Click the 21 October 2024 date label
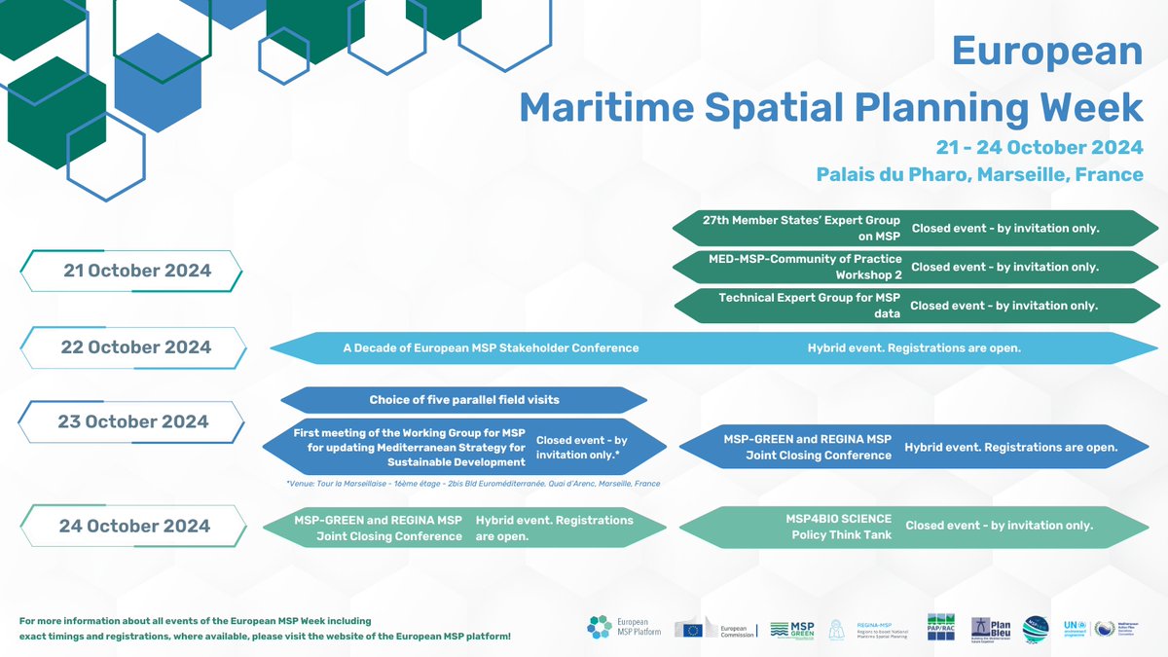point(136,271)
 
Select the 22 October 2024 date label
point(135,347)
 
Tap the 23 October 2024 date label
point(134,422)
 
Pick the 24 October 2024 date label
point(134,526)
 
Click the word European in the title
point(1046,51)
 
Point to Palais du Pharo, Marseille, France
point(980,175)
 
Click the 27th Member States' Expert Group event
point(801,228)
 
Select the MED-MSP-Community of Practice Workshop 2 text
point(805,267)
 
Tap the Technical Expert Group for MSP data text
point(809,305)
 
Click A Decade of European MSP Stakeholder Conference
point(491,347)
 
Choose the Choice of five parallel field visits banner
point(464,400)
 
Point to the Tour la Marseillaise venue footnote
point(473,483)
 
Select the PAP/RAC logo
point(941,628)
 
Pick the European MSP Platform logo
point(620,629)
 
